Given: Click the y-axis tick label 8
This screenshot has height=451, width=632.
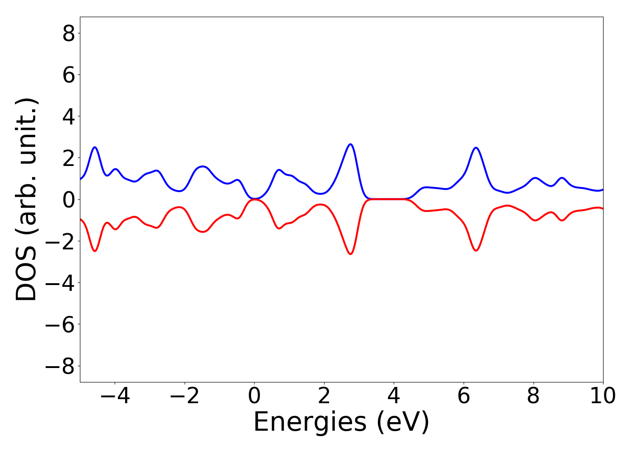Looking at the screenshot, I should [68, 33].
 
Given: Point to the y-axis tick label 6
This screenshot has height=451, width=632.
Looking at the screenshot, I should [68, 75].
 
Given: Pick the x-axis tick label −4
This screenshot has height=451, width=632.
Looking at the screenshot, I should [115, 396].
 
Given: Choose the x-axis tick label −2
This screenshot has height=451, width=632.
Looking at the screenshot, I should [185, 396].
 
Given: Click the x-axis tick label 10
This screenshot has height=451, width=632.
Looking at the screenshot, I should [603, 396].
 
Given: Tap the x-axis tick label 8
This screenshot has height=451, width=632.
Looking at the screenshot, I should [533, 396].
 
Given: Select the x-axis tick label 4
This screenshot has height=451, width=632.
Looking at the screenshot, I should [394, 396].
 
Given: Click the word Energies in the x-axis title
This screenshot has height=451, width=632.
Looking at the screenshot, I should [310, 423].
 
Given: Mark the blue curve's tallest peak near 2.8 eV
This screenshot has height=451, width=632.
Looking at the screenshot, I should [350, 144].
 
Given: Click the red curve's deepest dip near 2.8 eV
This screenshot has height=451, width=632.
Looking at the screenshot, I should [350, 254].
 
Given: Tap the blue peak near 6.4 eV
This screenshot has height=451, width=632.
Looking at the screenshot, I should [476, 148].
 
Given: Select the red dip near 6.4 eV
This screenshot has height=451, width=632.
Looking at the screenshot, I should [476, 250].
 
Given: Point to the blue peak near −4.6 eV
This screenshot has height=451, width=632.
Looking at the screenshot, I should [95, 147].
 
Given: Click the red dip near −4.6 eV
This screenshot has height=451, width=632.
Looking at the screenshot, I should [95, 251].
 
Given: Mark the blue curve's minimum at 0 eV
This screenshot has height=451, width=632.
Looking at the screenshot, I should [255, 198].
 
